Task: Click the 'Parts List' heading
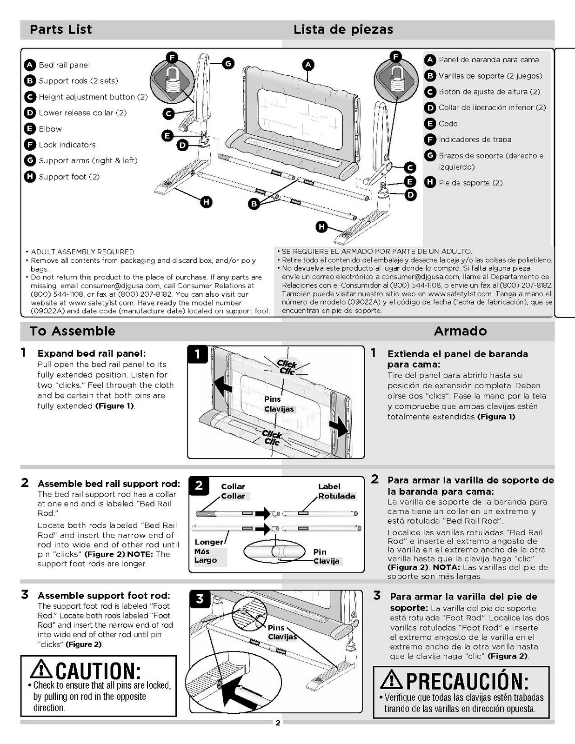click(x=60, y=30)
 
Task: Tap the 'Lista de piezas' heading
click(x=343, y=30)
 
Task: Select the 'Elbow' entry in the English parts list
click(x=50, y=129)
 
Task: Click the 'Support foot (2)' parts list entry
click(x=69, y=177)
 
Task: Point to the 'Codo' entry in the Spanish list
click(x=448, y=124)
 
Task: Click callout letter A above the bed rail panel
click(x=308, y=65)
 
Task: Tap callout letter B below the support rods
click(x=254, y=204)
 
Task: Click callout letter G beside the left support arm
click(x=228, y=63)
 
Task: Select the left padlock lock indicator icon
click(x=172, y=80)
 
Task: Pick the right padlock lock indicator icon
click(x=396, y=75)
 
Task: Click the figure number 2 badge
click(x=199, y=485)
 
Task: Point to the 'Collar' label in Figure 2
click(x=233, y=486)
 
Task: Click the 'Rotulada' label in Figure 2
click(x=336, y=496)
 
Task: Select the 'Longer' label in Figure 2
click(x=209, y=542)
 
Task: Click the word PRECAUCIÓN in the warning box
click(x=467, y=681)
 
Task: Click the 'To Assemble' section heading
click(x=72, y=331)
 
